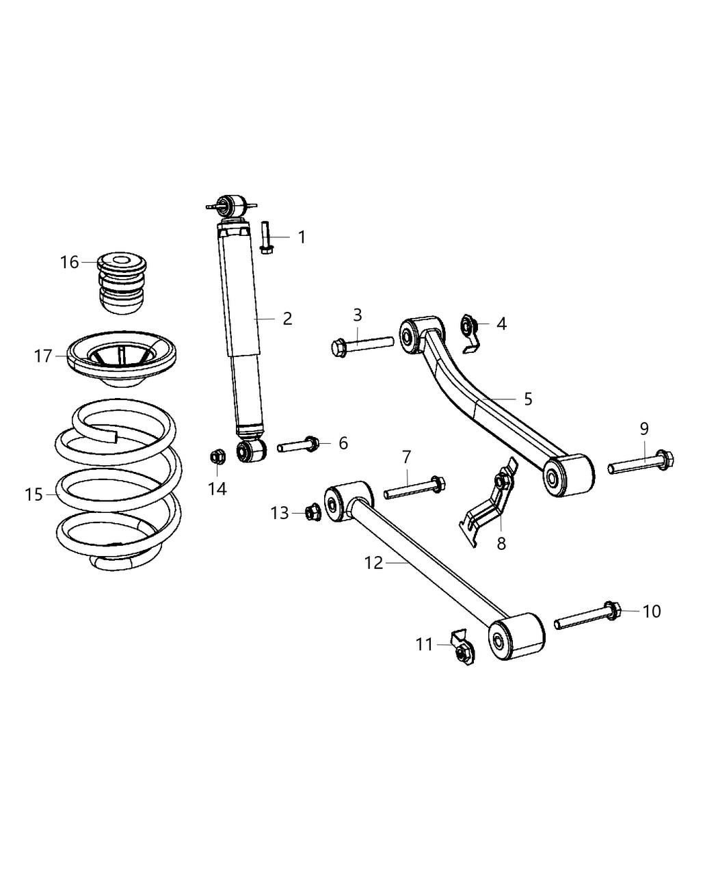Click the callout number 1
coord(302,237)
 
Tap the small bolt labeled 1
coord(266,237)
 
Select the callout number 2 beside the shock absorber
coord(287,318)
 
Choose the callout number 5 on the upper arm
coord(527,399)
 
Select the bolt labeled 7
coord(414,489)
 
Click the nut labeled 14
coord(217,457)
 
